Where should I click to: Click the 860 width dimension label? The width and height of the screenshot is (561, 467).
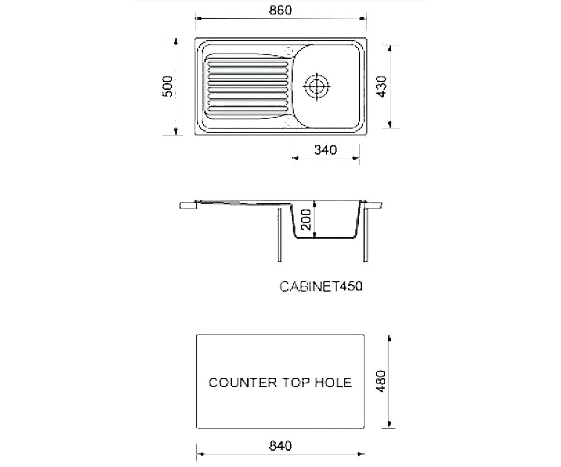coord(280,10)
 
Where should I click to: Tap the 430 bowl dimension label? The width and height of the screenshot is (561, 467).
coord(381,86)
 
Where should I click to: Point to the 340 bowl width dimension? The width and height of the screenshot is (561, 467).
coord(325,150)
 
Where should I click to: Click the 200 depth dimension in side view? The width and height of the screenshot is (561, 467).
coord(306,219)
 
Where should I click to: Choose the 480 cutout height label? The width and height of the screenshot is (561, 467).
coord(381,382)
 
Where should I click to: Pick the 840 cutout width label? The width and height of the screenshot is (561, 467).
coord(280,446)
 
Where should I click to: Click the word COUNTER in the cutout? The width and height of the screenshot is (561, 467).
coord(243,383)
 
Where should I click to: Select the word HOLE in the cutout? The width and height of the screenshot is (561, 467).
coord(333,383)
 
